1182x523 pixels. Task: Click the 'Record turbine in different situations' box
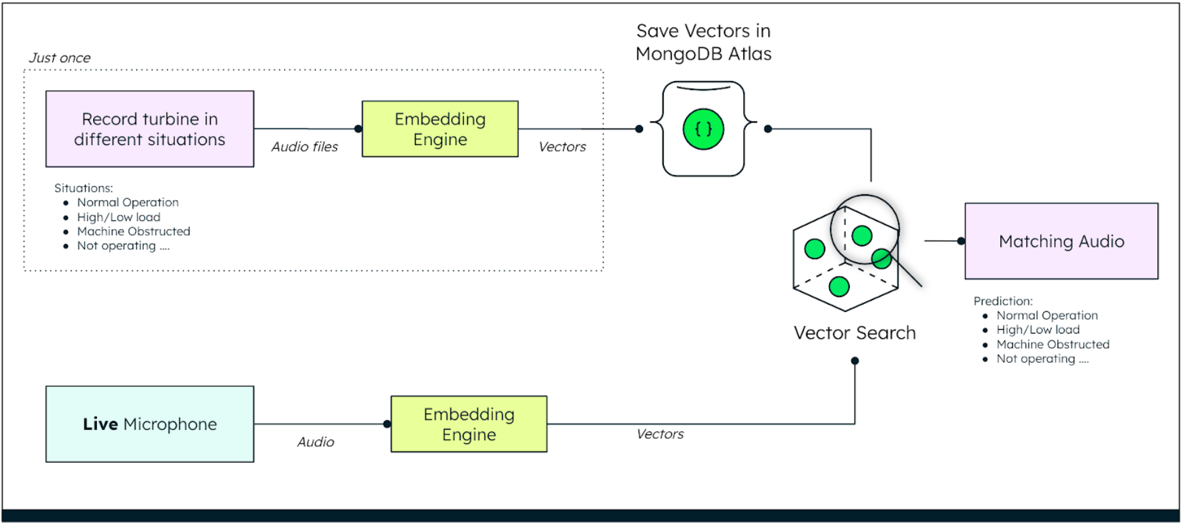click(149, 129)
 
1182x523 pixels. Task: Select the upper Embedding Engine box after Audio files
click(440, 129)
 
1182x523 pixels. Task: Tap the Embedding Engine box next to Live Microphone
click(469, 424)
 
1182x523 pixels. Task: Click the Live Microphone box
click(149, 424)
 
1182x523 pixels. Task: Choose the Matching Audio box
click(1061, 241)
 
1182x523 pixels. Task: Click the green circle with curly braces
click(703, 129)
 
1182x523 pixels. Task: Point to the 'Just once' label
click(60, 58)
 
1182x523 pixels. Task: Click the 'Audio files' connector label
click(305, 147)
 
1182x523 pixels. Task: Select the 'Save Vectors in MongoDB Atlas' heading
click(703, 42)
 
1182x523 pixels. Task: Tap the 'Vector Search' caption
click(855, 333)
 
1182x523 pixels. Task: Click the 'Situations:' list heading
click(84, 188)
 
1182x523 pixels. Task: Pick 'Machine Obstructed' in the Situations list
click(134, 232)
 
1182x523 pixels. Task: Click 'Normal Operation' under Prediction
click(1047, 315)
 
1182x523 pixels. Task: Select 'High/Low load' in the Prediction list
click(1038, 330)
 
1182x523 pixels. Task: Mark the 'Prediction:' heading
click(1003, 301)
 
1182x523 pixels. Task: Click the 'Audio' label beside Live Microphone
click(315, 442)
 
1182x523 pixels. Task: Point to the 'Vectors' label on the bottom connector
click(660, 434)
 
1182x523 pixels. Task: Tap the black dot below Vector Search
click(855, 361)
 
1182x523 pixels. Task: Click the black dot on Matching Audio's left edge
click(961, 241)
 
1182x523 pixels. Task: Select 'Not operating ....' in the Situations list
click(123, 246)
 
